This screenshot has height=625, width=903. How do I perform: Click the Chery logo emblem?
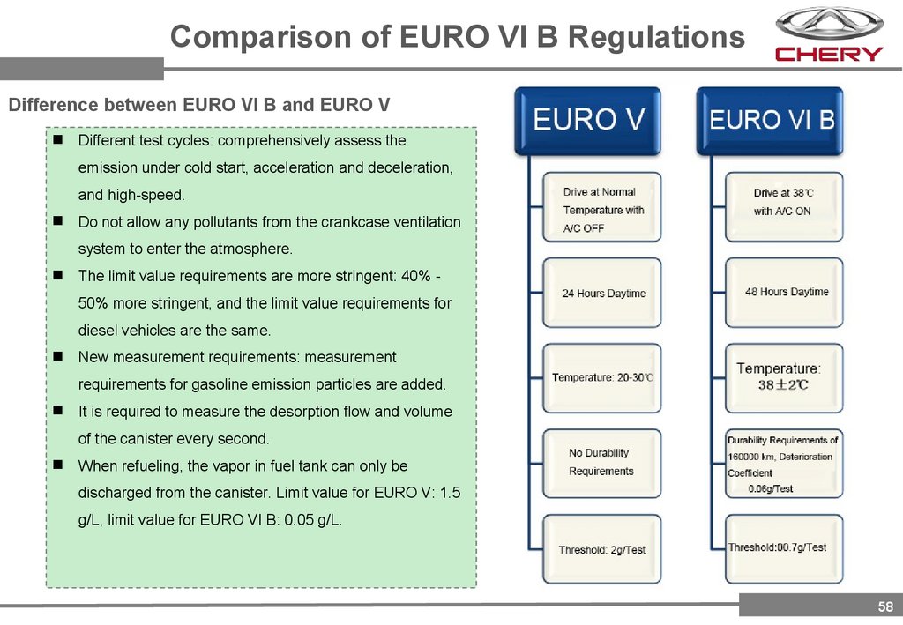[829, 23]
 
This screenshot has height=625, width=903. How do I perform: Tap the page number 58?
[884, 606]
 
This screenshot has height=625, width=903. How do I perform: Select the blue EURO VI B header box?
[771, 120]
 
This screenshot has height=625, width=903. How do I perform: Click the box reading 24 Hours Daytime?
[602, 294]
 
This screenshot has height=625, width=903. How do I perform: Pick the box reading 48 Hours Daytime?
[785, 292]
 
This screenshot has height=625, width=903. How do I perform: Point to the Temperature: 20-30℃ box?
[602, 377]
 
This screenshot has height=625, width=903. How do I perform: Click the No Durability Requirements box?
[602, 462]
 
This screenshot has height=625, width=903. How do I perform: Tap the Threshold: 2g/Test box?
[602, 550]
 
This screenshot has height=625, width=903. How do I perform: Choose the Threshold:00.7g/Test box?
[783, 548]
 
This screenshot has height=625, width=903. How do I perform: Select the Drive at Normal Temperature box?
[602, 210]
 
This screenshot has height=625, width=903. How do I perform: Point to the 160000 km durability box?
[783, 464]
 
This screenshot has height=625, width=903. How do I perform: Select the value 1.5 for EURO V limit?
[450, 493]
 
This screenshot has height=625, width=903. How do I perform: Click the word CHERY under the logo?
[829, 54]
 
